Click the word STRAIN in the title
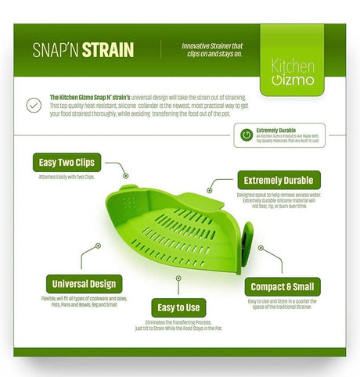[x=110, y=51]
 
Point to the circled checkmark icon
[x=34, y=104]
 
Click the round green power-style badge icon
[x=247, y=135]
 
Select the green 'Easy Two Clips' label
[x=67, y=163]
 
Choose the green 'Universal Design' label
[x=82, y=283]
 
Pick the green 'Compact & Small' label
[x=283, y=286]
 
